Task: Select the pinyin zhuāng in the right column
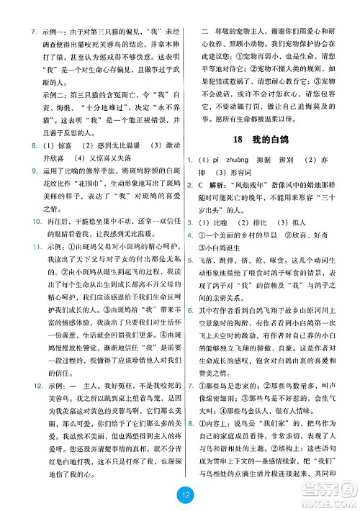tap(233, 180)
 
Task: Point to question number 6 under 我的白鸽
tap(189, 369)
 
